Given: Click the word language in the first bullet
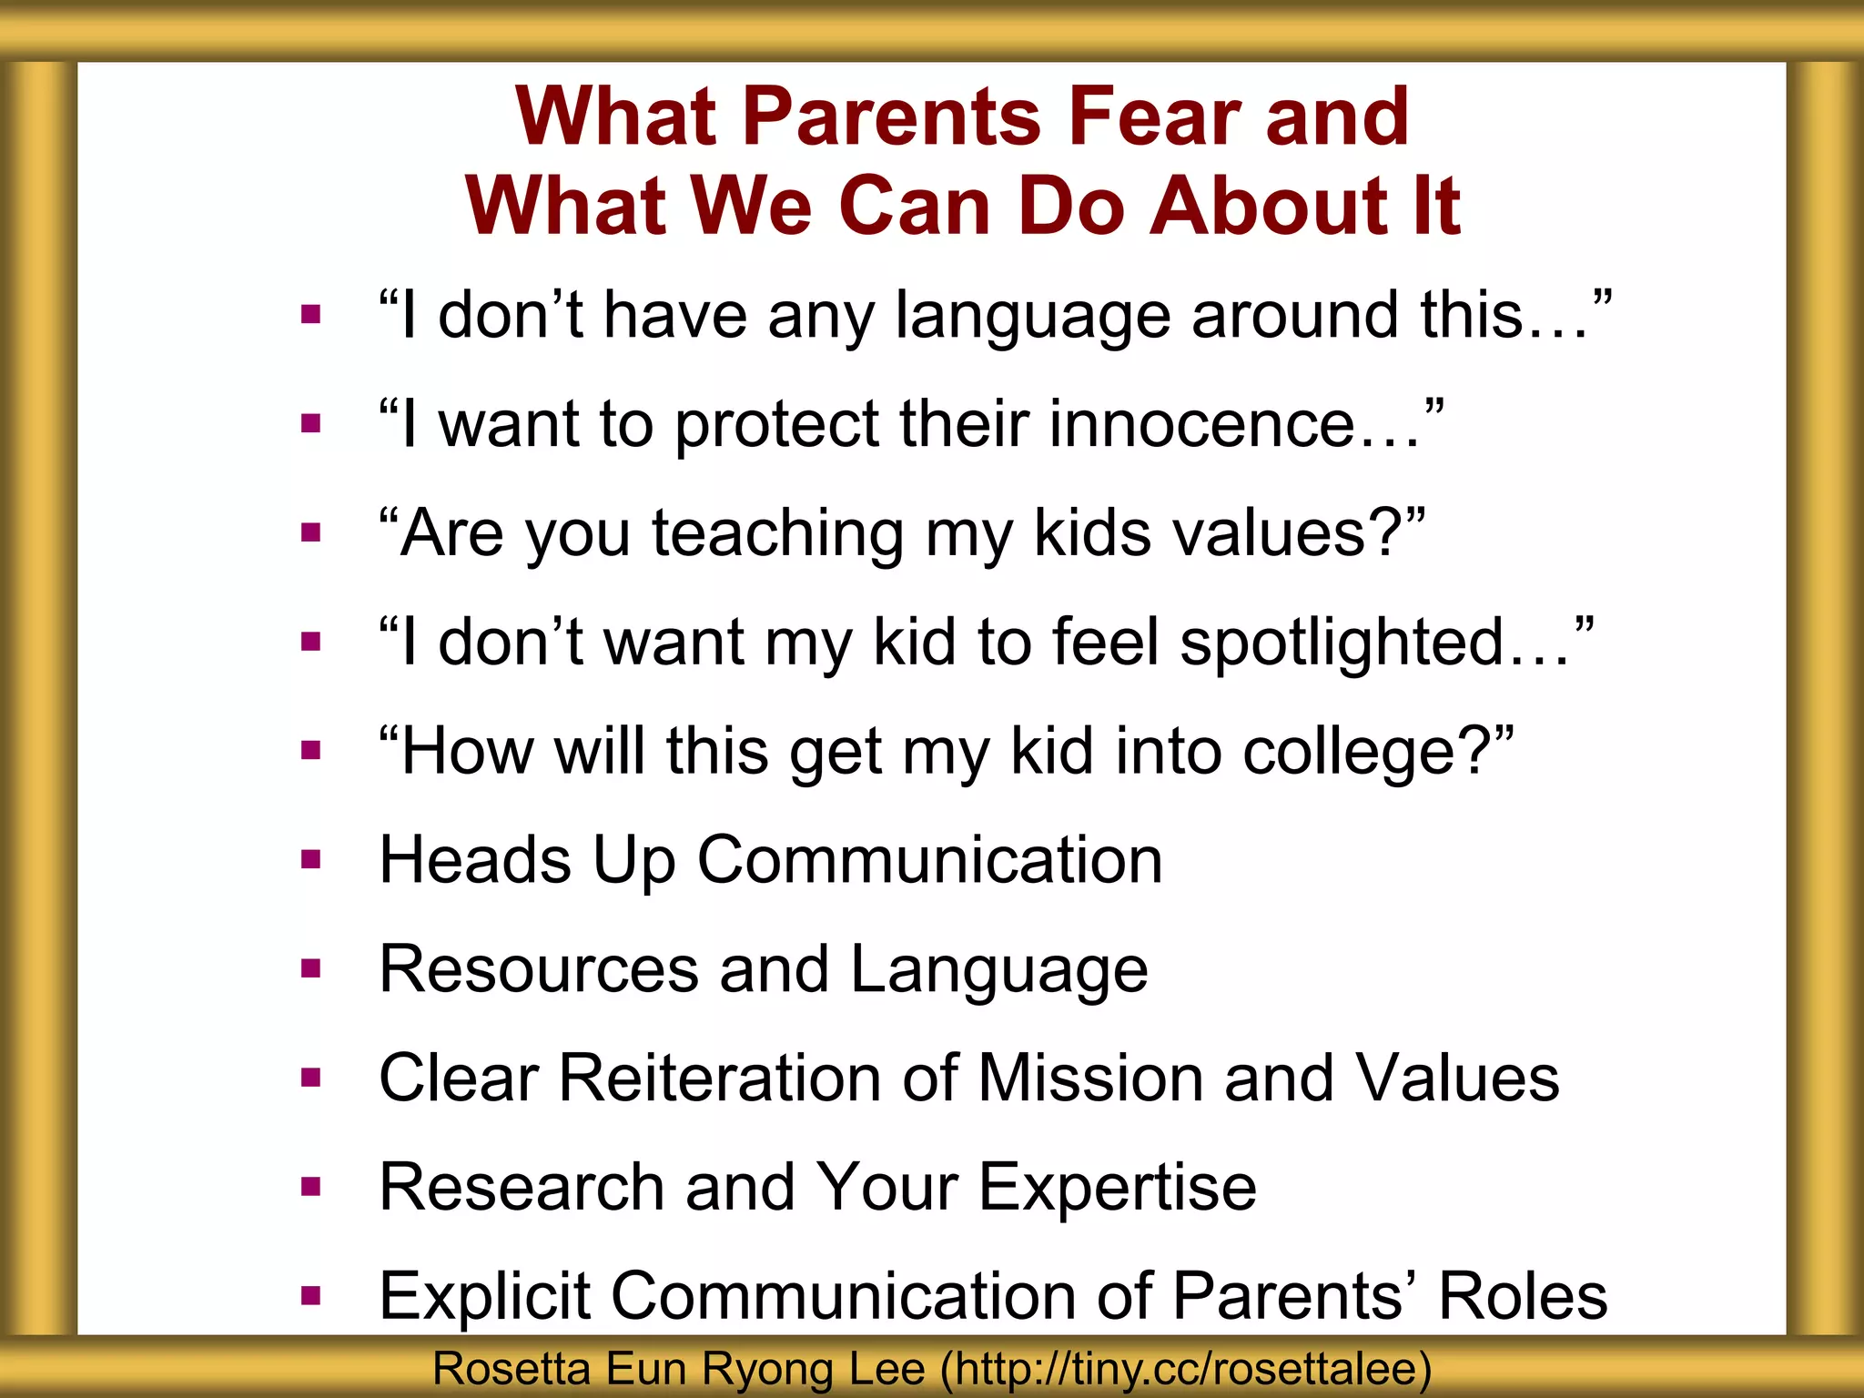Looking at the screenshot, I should pos(1032,316).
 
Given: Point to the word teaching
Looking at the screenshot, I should pos(777,534).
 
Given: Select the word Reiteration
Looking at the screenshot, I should pos(719,1079).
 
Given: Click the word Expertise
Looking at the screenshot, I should pos(1118,1188).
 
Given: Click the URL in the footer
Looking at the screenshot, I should pos(1186,1369).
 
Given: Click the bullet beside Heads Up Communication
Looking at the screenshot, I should pos(311,860).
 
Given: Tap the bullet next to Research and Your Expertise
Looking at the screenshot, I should pos(311,1187).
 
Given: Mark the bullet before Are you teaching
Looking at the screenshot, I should pos(311,532).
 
